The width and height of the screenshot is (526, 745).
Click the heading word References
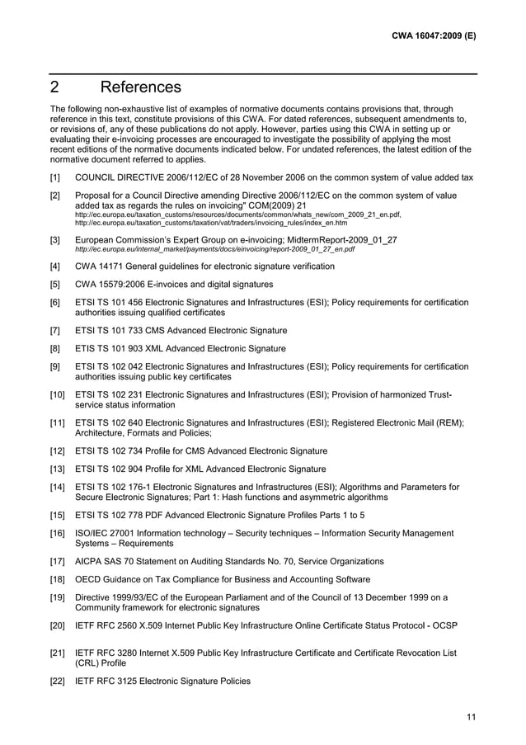[140, 87]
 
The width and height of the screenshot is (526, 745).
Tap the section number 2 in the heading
[55, 87]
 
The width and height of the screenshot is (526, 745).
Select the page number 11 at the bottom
[471, 716]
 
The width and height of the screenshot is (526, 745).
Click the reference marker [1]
[55, 177]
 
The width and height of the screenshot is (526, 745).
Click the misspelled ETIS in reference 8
[86, 349]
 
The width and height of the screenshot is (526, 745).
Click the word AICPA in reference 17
[90, 562]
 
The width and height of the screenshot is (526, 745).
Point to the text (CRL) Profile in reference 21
[104, 663]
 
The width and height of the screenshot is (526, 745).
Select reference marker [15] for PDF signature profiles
[58, 516]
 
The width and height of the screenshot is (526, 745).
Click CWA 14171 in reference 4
[101, 266]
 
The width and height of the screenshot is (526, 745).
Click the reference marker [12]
[58, 451]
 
